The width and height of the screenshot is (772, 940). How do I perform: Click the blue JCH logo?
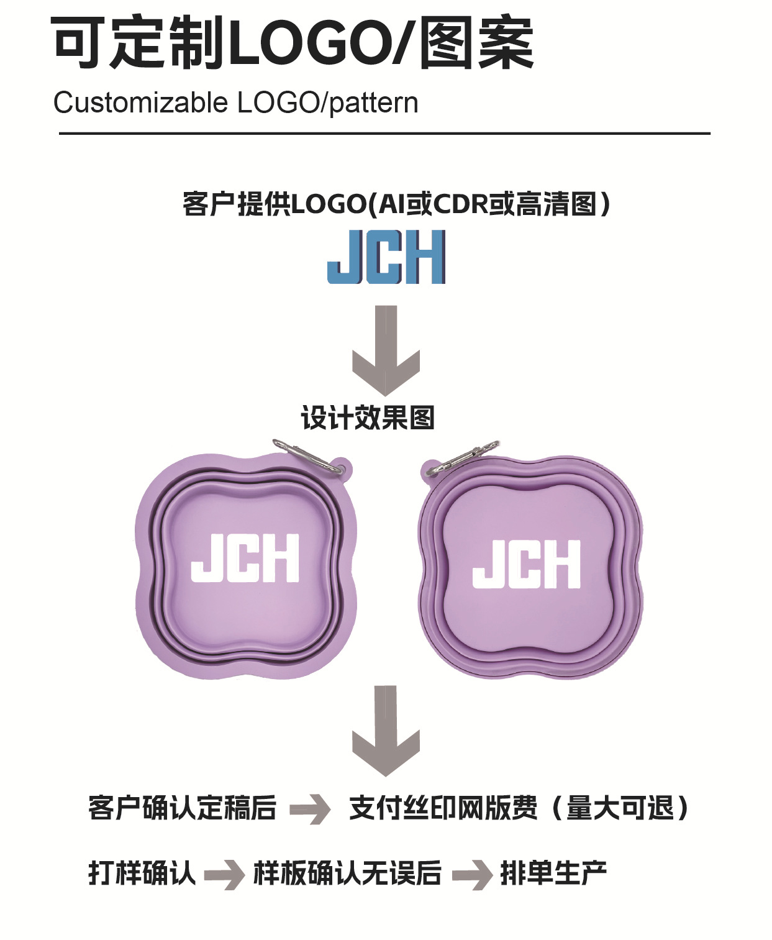pos(386,257)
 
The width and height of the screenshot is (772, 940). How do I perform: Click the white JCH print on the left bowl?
pos(245,558)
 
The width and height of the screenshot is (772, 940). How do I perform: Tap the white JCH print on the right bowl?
pos(527,564)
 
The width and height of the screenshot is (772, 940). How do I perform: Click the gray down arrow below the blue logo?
pos(386,350)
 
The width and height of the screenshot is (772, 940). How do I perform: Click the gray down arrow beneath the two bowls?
pos(386,730)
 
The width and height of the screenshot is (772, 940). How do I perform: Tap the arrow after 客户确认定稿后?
pos(311,809)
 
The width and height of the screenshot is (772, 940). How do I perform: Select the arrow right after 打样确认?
pos(224,874)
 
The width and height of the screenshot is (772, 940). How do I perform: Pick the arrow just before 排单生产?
pos(472,874)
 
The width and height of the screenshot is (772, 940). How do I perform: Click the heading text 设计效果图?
pos(368,418)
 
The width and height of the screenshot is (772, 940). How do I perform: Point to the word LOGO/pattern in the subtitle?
pos(327,103)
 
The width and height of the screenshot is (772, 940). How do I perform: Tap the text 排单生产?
pos(553,873)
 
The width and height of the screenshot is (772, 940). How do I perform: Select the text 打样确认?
pos(142,873)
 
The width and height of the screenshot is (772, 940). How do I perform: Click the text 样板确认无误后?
pos(347,873)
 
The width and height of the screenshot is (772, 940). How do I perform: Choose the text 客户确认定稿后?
pos(182,808)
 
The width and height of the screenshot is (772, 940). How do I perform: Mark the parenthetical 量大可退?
pos(620,808)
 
